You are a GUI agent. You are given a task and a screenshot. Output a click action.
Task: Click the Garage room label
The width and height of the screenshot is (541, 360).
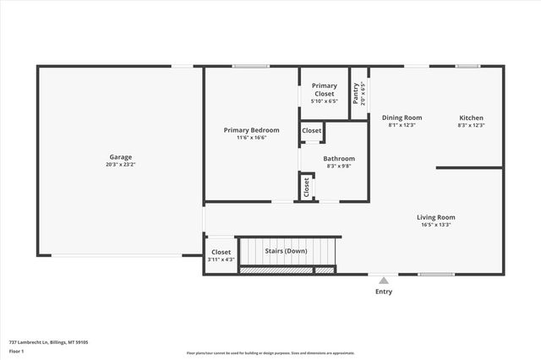pos(120,157)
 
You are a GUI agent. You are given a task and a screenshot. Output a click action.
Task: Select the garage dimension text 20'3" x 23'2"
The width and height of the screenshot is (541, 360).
pos(120,166)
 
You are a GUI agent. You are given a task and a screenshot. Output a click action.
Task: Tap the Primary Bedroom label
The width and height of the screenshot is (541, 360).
pos(251,130)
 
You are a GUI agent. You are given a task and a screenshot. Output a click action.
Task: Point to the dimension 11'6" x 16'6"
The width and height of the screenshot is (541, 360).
pos(251,138)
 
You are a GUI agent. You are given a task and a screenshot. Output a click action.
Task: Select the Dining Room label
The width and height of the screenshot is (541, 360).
pos(402,117)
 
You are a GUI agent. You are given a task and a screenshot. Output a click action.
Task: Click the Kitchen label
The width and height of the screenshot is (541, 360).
pos(471,117)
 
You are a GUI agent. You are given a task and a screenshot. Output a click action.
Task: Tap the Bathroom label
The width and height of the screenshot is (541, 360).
pos(339,158)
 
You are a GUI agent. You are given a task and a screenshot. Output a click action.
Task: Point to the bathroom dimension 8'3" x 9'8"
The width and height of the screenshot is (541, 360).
pos(339,166)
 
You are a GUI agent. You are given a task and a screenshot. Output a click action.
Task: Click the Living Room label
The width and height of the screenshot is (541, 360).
pos(435,217)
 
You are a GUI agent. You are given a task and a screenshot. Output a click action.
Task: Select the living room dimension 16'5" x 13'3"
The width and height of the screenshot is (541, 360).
pos(435,225)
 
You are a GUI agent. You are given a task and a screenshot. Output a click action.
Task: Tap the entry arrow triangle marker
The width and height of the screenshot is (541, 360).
pos(384,280)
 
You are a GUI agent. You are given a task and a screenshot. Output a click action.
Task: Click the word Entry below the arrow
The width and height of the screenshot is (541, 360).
pos(384,292)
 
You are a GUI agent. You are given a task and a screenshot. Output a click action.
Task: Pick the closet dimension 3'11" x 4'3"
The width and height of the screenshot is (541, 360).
pos(221,259)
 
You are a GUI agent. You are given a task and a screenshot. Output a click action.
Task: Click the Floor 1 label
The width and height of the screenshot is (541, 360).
pos(17,351)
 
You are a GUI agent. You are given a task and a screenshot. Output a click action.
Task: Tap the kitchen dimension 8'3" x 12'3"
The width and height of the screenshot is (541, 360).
pos(471,125)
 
